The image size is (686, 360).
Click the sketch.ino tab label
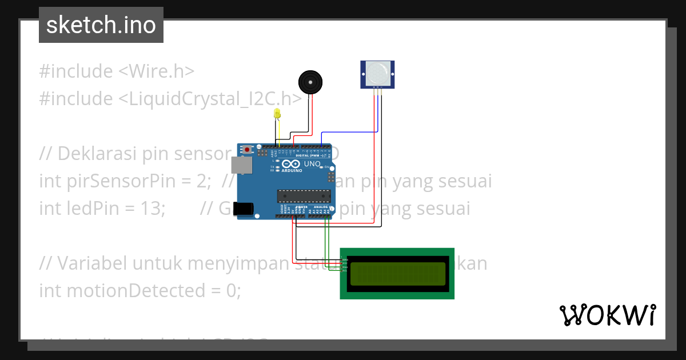[101, 25]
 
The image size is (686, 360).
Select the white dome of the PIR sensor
[377, 73]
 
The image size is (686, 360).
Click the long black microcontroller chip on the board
[304, 196]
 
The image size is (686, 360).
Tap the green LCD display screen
[397, 274]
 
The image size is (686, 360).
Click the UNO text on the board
[312, 163]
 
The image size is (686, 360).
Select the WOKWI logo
[608, 315]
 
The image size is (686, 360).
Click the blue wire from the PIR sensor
[349, 133]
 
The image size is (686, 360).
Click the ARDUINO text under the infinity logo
[292, 170]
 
